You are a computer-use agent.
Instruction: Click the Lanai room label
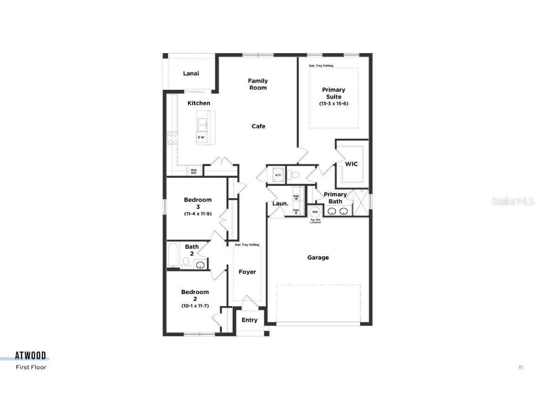[191, 74]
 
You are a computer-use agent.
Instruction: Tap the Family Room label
[258, 84]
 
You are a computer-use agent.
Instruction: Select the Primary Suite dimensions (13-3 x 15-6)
[334, 104]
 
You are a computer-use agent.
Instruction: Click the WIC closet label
[351, 164]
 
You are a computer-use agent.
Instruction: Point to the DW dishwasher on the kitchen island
[201, 137]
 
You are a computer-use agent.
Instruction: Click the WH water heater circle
[315, 212]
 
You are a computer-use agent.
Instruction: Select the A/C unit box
[278, 175]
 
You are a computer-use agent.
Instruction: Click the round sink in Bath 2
[201, 266]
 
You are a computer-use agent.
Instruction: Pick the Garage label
[318, 257]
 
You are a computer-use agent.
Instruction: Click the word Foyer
[247, 272]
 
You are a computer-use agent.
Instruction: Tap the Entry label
[249, 320]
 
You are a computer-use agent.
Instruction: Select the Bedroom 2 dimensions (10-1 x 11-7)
[195, 306]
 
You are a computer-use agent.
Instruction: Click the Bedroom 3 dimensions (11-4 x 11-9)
[198, 214]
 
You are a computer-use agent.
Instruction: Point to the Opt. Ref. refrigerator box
[194, 171]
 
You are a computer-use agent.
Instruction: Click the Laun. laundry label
[281, 203]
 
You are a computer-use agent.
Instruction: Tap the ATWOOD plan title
[31, 356]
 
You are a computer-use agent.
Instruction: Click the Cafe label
[258, 126]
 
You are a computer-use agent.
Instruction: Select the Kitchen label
[199, 103]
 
